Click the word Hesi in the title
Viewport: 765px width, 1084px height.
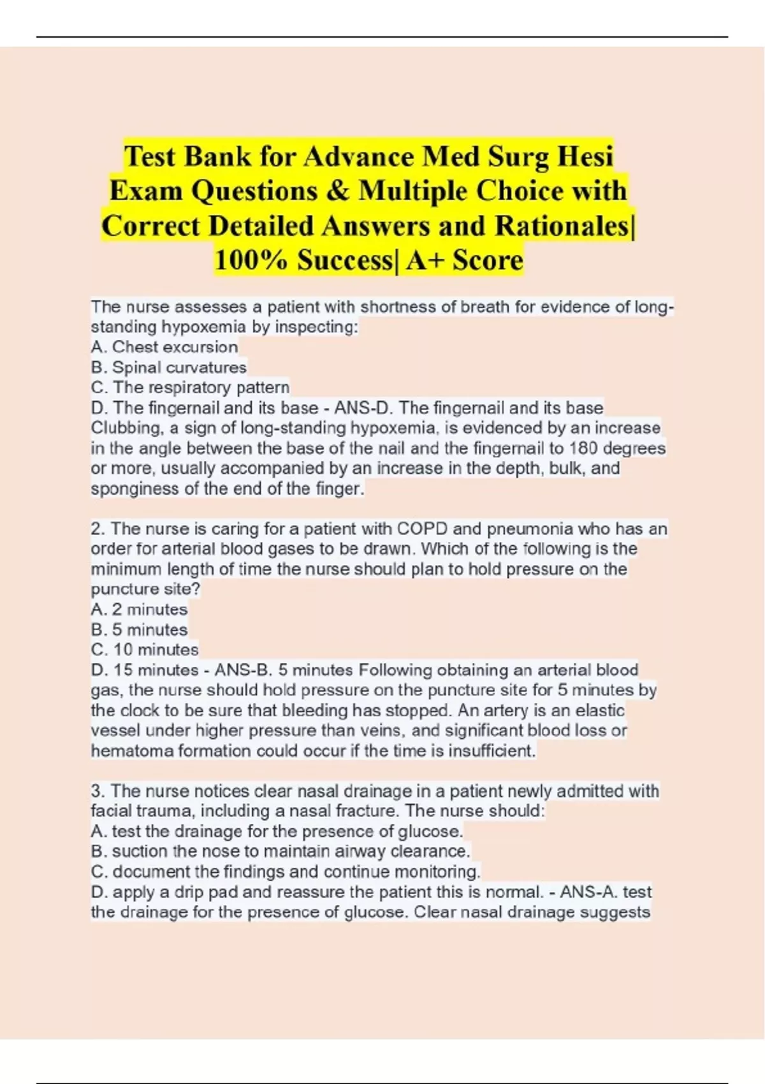point(585,156)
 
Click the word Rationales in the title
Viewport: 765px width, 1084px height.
point(562,226)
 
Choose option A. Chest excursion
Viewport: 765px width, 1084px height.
point(164,347)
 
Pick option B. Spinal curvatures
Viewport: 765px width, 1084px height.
point(168,367)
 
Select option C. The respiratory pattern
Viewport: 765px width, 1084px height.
point(190,388)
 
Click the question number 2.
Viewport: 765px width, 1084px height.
point(97,529)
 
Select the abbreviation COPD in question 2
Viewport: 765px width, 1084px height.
point(422,529)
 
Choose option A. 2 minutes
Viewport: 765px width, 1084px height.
point(139,610)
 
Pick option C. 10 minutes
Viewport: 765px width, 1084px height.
point(145,650)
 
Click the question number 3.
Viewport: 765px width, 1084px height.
point(97,791)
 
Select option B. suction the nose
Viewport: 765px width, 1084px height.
point(280,851)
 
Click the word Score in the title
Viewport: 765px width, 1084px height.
point(488,260)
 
